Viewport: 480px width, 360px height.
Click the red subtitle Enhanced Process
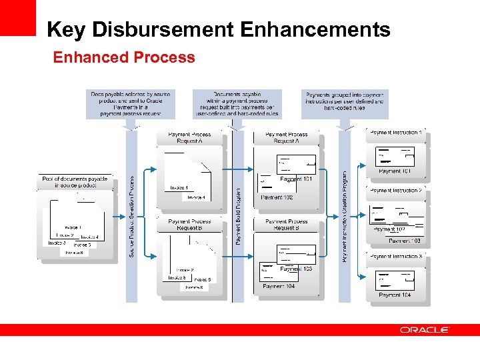tap(124, 57)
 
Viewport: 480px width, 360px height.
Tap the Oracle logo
tap(425, 330)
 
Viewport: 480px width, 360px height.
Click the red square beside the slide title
tap(17, 17)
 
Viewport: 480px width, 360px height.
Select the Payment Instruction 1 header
tap(395, 133)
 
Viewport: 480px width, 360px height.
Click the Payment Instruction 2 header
tap(395, 191)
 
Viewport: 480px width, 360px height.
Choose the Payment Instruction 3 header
tap(395, 257)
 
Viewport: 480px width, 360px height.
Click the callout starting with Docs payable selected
tap(131, 104)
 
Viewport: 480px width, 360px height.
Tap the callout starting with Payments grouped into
tap(343, 102)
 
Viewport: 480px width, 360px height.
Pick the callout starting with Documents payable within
tap(237, 104)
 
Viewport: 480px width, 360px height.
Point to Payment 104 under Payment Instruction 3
tap(395, 295)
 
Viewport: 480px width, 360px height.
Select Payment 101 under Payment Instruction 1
tap(395, 171)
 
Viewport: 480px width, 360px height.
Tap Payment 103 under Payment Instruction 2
tap(405, 241)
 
